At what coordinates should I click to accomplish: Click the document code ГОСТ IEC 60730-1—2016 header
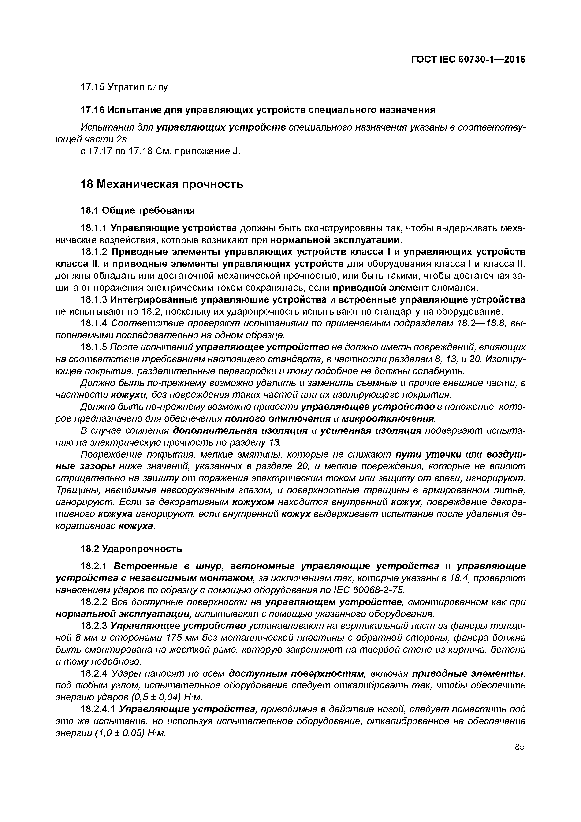point(468,60)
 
